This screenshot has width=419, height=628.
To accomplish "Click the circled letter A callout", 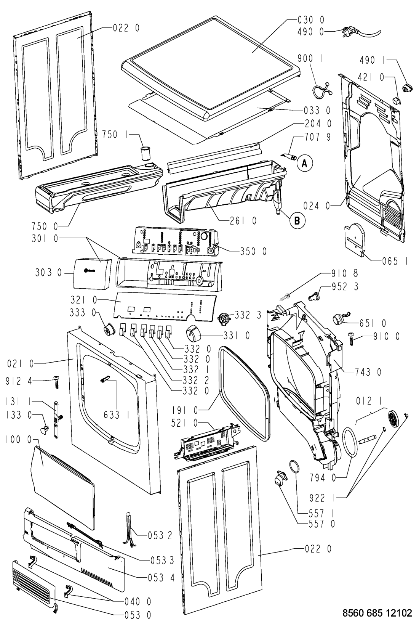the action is click(x=304, y=163).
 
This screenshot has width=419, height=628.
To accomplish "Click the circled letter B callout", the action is click(x=297, y=220).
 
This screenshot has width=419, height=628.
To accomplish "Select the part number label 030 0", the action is click(x=310, y=20).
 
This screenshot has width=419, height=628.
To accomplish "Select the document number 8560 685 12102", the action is click(x=377, y=613).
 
